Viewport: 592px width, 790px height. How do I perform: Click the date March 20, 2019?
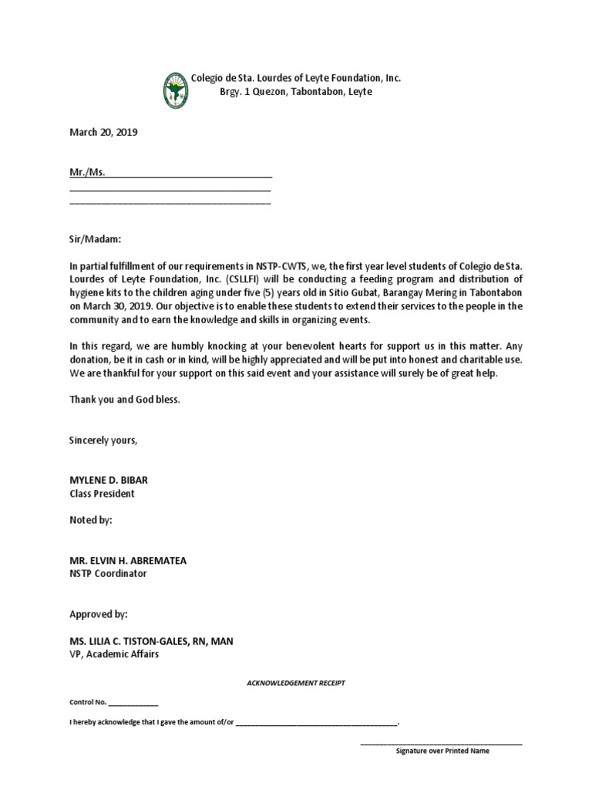103,132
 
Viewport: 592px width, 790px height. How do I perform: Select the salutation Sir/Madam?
96,240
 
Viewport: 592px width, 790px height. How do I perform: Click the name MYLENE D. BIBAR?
109,480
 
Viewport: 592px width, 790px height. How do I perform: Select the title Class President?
102,493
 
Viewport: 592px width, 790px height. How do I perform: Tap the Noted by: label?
91,520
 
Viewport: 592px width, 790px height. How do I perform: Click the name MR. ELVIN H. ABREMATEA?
128,560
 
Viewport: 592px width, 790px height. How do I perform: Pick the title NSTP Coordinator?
108,573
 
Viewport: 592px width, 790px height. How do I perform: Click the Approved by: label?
99,614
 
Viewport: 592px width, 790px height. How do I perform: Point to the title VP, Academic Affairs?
116,654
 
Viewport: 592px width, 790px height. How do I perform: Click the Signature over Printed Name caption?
442,750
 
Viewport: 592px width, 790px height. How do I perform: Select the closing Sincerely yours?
104,440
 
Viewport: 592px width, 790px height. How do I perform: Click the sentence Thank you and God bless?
125,400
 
